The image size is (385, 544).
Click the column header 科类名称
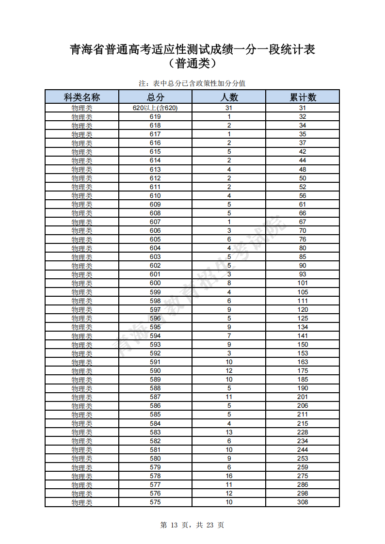[x=81, y=97]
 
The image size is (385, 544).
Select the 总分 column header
[x=155, y=97]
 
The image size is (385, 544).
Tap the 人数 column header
[x=229, y=97]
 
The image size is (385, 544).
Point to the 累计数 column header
[x=303, y=97]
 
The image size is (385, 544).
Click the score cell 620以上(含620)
[x=155, y=108]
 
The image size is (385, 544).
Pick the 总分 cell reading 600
[x=155, y=283]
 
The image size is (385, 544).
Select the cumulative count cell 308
[x=303, y=502]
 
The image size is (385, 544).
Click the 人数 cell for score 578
[x=229, y=476]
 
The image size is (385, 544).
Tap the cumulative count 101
[x=303, y=283]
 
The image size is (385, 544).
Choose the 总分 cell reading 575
[x=155, y=502]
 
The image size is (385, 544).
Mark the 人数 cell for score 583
[x=229, y=432]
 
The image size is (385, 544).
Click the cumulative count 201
[x=303, y=397]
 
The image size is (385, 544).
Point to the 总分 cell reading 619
[x=155, y=117]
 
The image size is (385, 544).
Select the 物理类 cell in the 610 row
[x=81, y=195]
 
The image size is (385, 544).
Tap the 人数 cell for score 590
[x=229, y=370]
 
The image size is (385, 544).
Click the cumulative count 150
[x=303, y=344]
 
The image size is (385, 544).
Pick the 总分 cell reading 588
[x=155, y=388]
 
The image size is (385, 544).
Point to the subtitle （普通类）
[x=192, y=64]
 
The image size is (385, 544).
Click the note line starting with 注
[x=192, y=83]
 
